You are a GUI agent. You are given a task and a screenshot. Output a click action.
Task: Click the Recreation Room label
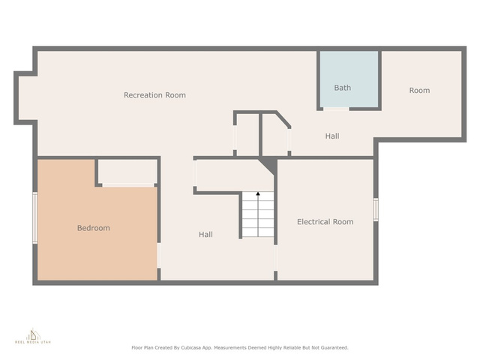tap(154, 95)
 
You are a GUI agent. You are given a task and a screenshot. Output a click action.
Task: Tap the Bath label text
tap(343, 88)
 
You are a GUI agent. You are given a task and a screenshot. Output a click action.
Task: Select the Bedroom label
tap(93, 228)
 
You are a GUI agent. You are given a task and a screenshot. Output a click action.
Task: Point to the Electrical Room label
tap(325, 222)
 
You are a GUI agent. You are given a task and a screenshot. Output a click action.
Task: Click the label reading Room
tap(419, 90)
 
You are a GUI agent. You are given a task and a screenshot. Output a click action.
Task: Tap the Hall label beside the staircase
tap(205, 235)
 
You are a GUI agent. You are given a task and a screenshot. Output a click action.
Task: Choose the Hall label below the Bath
tap(332, 136)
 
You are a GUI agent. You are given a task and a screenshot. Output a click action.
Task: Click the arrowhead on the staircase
tap(258, 193)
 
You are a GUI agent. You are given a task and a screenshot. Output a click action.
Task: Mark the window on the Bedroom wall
tap(35, 218)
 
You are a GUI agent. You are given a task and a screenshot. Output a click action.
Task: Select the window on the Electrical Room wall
tap(376, 209)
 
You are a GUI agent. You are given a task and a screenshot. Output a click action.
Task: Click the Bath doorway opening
tap(336, 109)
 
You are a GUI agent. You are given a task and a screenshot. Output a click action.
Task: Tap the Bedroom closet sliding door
tap(128, 185)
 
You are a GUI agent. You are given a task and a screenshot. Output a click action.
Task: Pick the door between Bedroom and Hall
tap(159, 256)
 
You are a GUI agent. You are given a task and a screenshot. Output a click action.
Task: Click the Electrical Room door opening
tap(275, 258)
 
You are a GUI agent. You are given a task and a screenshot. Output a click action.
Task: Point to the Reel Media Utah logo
tap(33, 336)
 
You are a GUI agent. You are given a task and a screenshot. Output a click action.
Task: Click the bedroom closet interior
tap(127, 171)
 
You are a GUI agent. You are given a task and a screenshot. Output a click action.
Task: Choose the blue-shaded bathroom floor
tap(349, 79)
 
